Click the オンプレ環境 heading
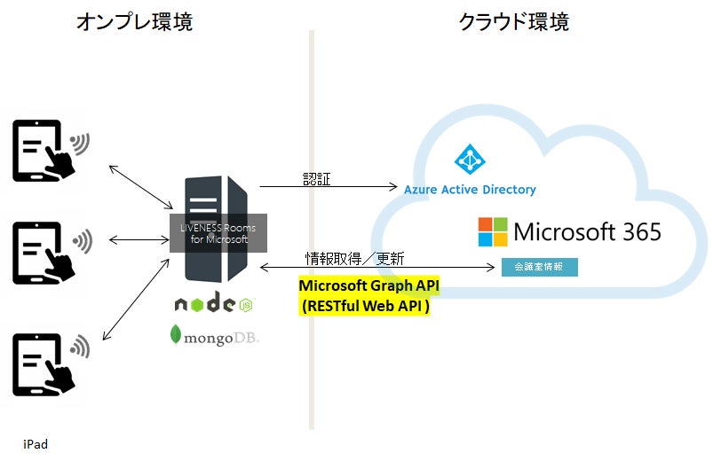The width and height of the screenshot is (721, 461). click(133, 22)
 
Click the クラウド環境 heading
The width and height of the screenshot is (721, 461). click(513, 22)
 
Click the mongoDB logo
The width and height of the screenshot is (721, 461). click(215, 336)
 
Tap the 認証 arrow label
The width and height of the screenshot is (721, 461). click(314, 178)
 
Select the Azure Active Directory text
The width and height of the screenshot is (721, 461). click(470, 189)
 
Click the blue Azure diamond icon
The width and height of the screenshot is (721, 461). click(470, 160)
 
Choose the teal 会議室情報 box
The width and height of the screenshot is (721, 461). click(539, 267)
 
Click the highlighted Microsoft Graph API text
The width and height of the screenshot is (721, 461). click(368, 285)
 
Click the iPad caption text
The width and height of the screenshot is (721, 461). click(36, 444)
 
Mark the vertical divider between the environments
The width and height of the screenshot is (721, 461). click(312, 230)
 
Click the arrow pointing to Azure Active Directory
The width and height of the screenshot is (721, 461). click(329, 187)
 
